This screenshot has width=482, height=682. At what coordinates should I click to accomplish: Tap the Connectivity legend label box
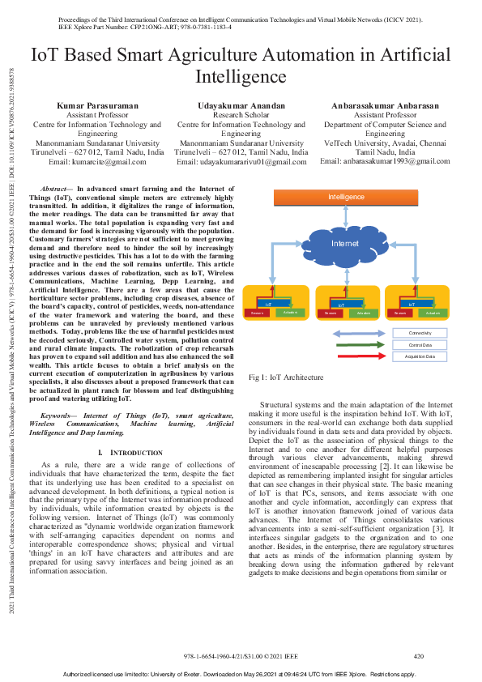[420, 333]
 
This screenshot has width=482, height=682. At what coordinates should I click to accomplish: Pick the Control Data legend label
[420, 344]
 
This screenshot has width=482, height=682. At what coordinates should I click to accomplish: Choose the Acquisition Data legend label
[420, 356]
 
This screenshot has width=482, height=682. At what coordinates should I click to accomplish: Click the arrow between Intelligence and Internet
[345, 214]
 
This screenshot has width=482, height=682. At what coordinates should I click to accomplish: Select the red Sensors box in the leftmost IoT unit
[257, 312]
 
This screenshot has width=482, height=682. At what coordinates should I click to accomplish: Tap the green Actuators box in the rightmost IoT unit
[432, 312]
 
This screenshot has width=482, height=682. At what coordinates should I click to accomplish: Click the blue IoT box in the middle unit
[340, 304]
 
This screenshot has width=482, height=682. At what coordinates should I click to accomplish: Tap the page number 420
[419, 655]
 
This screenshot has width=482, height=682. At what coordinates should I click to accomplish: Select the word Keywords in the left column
[58, 414]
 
